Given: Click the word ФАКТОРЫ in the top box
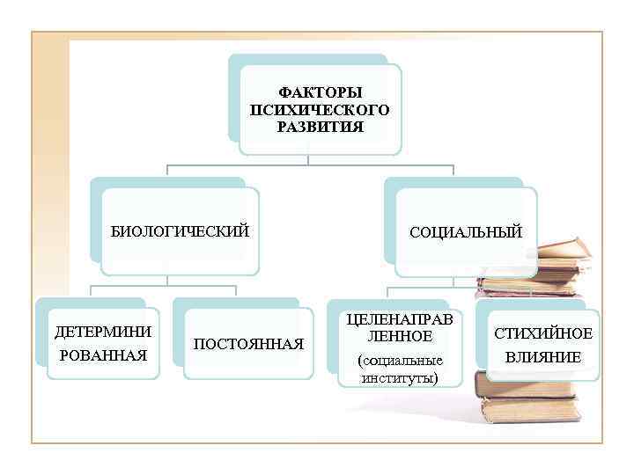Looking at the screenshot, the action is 320,92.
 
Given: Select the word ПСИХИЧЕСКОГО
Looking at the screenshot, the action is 320,110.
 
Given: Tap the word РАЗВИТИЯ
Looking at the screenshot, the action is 320,128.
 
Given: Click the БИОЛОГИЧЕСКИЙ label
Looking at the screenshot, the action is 180,231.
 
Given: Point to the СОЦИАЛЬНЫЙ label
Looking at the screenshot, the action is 466,232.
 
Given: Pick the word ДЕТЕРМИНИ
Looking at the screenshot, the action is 103,332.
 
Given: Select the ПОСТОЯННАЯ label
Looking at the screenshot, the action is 248,343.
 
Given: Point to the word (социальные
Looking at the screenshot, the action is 400,361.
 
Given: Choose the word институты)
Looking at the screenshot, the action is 400,378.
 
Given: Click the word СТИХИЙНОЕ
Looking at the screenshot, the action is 543,333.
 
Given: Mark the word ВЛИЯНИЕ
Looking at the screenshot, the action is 543,357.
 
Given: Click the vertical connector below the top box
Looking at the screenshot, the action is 308,159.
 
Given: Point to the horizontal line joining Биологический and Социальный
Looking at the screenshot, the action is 308,164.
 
